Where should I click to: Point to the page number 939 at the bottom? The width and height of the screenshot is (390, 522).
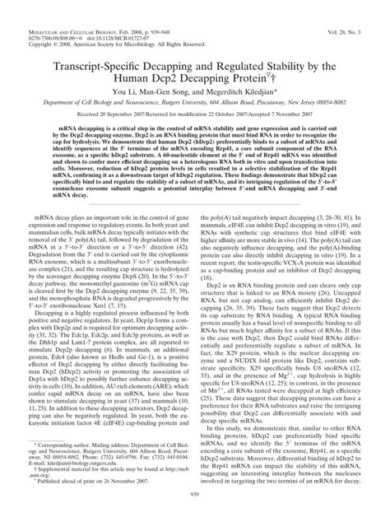click(x=195, y=512)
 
